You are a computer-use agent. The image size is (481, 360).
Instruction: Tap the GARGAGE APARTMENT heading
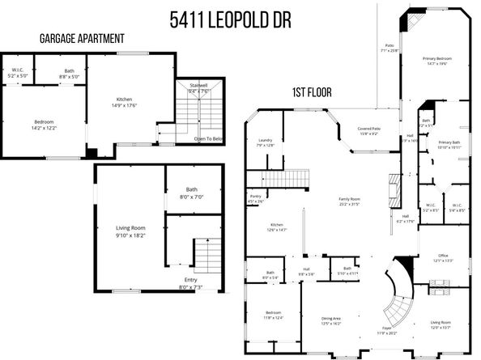(x=83, y=38)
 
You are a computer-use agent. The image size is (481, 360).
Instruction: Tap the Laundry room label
(x=265, y=142)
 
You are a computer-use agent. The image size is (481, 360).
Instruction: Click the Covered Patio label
(x=370, y=131)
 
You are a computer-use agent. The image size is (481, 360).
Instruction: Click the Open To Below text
(x=208, y=138)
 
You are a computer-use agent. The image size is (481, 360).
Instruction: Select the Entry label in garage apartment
(x=191, y=282)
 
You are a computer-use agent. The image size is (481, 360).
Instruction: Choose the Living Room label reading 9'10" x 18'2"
(x=130, y=230)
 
